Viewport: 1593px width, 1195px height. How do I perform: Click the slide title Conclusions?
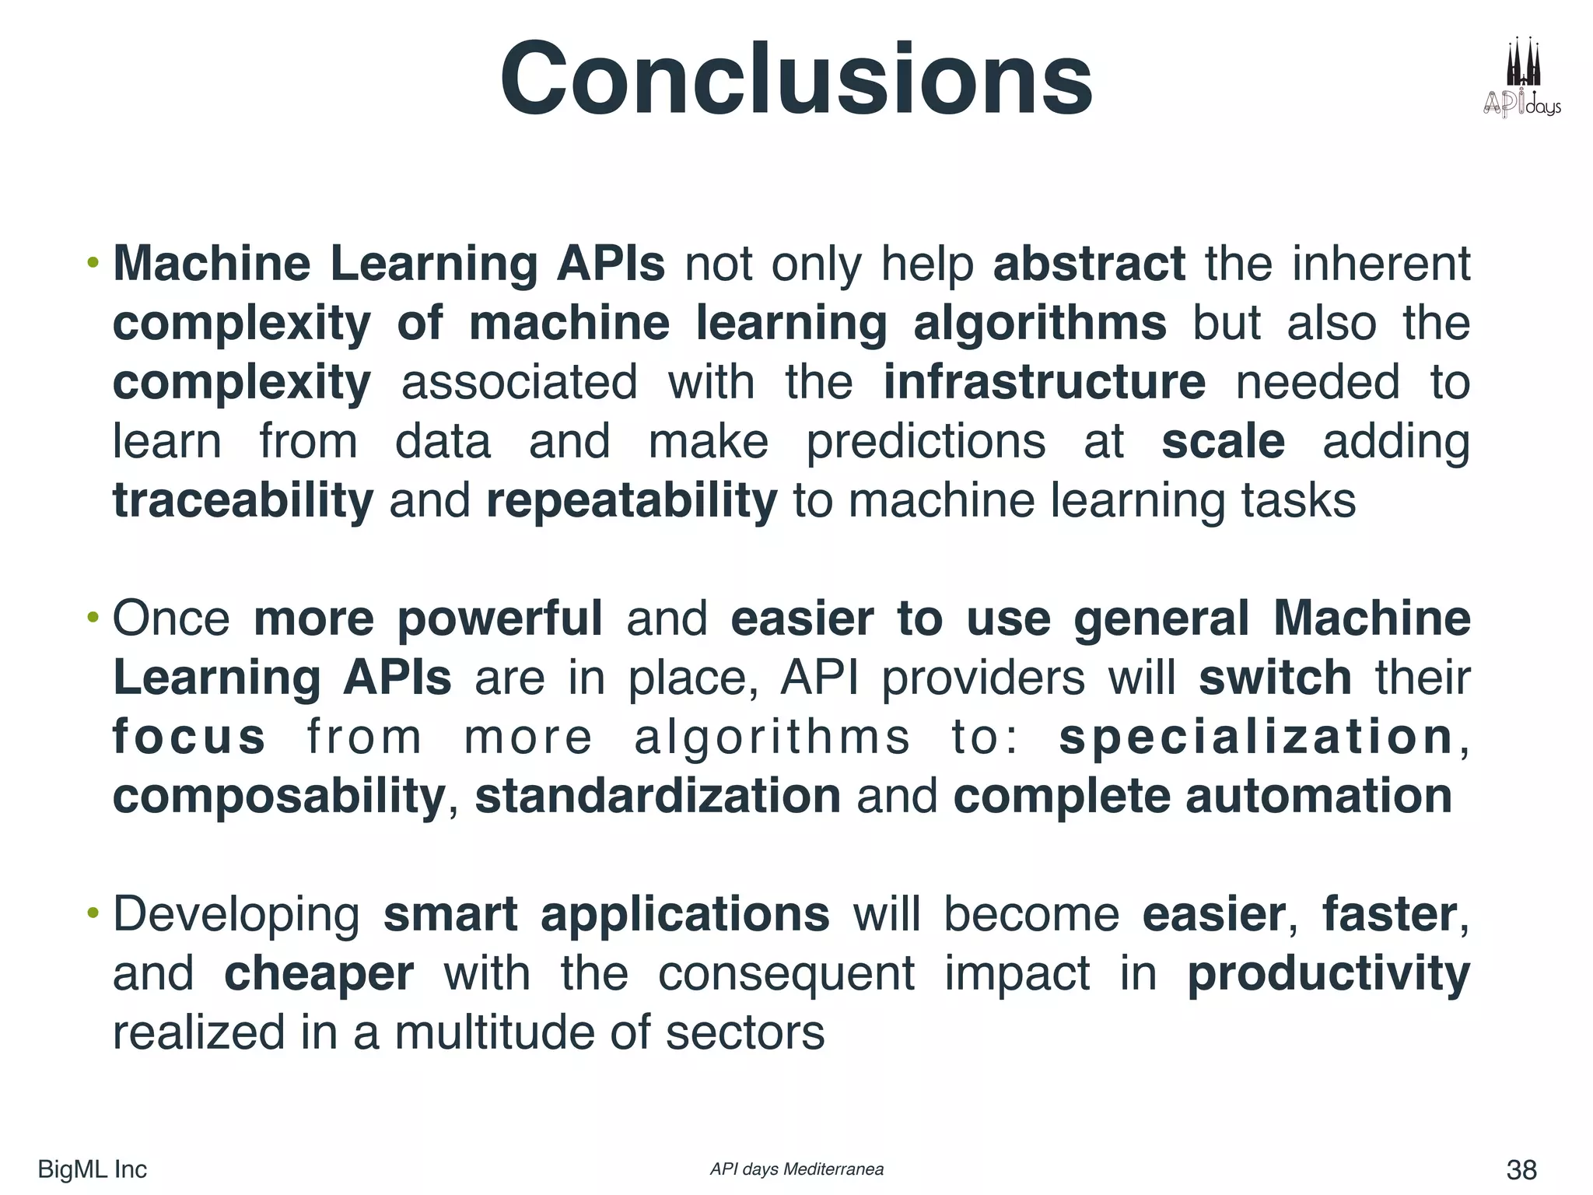796,80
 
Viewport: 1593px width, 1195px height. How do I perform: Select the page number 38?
1521,1169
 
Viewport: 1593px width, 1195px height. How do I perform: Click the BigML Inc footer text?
92,1169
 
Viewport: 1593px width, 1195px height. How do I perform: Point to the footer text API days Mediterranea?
796,1169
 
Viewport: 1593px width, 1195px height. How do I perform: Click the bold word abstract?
1089,264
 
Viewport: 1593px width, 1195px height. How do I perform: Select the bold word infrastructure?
1044,382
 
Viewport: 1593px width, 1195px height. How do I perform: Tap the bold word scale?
1223,441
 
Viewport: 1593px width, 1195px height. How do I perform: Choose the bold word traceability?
243,500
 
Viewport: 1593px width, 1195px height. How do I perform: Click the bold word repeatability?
631,500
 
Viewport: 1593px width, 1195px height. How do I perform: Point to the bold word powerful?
499,619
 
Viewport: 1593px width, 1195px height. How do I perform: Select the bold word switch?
1275,678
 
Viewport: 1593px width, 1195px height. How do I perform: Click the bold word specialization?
1256,737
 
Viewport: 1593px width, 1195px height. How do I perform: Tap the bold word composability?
278,796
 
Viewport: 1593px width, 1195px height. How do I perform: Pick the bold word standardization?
657,796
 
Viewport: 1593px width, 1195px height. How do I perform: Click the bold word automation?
1318,796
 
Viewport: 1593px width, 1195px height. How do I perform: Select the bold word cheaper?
319,973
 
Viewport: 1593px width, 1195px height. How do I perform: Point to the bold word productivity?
1329,973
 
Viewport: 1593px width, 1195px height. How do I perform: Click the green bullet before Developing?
93,913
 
